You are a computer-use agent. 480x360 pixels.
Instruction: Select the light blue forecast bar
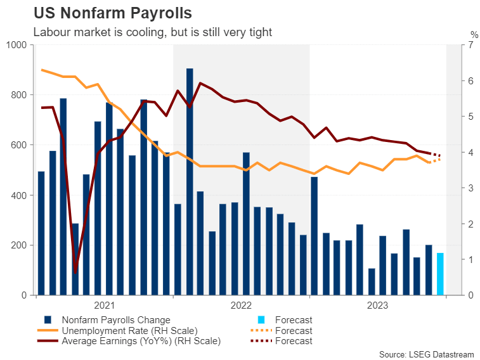click(x=441, y=274)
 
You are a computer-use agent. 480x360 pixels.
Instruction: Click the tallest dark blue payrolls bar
click(x=190, y=181)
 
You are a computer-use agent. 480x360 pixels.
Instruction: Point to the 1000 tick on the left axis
click(x=18, y=45)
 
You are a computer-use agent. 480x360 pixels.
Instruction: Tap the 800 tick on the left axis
click(x=20, y=95)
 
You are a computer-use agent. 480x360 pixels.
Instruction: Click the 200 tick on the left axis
click(x=20, y=245)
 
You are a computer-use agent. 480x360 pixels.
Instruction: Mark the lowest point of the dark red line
click(x=75, y=273)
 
